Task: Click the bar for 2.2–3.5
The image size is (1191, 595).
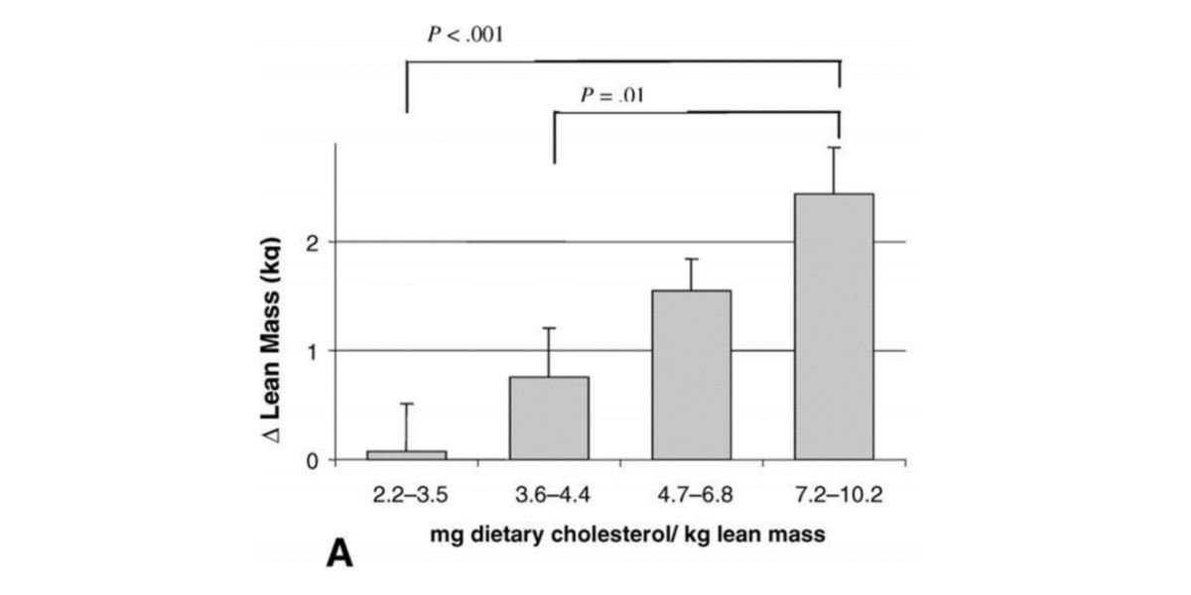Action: click(407, 455)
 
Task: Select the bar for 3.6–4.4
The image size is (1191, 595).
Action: click(549, 417)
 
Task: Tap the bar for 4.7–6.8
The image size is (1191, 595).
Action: click(691, 375)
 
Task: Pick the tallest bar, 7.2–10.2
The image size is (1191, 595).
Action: click(835, 326)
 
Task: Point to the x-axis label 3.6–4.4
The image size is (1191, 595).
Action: click(549, 494)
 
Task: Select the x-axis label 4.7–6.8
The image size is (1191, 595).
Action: click(691, 494)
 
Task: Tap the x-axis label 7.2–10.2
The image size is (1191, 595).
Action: click(835, 494)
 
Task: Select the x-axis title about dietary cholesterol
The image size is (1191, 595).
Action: click(629, 535)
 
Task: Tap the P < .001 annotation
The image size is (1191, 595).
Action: click(466, 34)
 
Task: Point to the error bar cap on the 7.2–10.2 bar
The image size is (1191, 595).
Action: click(835, 148)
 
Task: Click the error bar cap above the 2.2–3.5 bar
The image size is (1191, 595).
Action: click(407, 404)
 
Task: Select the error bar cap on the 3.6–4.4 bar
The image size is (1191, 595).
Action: click(549, 328)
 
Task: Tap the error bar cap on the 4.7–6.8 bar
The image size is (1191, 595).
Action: click(691, 259)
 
